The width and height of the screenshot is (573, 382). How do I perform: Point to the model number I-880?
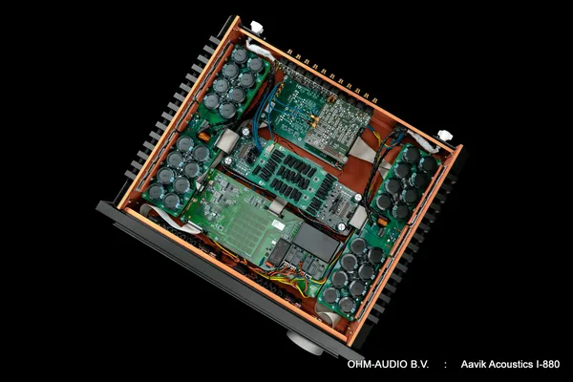pos(548,364)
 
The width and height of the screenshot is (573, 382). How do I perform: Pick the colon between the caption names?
pos(445,365)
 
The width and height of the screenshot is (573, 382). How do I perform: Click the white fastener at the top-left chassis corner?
pos(257,27)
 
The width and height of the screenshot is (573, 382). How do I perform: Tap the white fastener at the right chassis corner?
pos(444,135)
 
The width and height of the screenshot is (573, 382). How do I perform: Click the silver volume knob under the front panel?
pos(307,343)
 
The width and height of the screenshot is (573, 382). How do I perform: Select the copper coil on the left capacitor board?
pos(203,137)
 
